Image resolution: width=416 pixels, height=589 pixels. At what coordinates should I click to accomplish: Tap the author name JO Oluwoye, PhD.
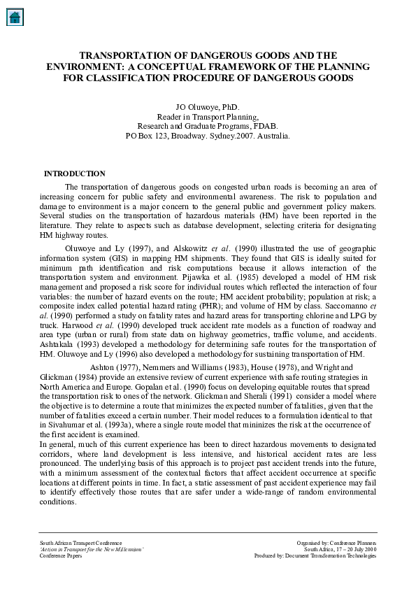208,106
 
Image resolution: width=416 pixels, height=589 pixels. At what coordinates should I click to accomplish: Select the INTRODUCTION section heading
75,173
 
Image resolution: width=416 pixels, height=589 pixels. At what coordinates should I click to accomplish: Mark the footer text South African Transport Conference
80,543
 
